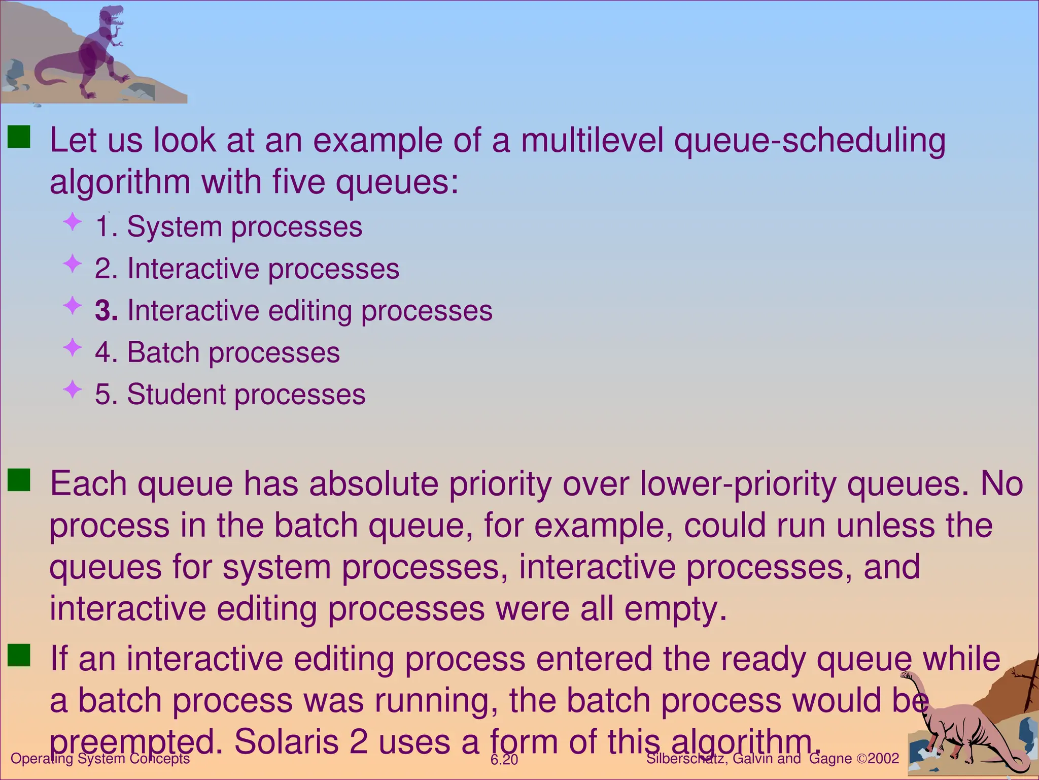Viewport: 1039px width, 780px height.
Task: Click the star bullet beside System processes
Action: point(73,221)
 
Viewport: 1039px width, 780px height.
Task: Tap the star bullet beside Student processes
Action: point(73,389)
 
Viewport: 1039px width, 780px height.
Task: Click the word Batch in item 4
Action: point(163,352)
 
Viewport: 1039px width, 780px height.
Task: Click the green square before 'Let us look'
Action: point(19,137)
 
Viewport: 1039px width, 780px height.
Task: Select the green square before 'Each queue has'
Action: point(19,480)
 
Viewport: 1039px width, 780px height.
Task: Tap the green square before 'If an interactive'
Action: point(19,655)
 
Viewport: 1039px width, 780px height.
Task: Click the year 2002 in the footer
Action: point(883,759)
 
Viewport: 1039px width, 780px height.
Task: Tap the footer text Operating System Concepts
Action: point(100,759)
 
